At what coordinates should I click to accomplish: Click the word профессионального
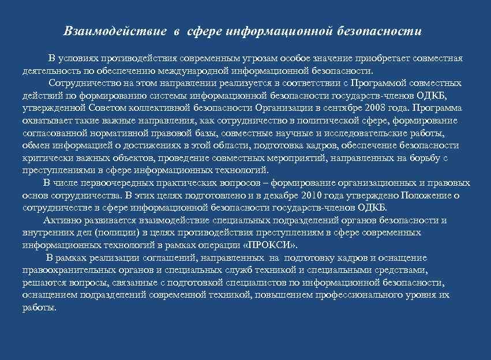pos(348,295)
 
